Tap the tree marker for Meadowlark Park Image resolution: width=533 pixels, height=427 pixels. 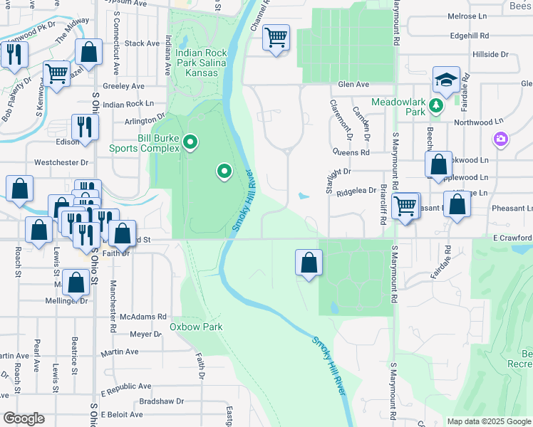437,107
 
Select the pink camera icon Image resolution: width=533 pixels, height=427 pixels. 501,138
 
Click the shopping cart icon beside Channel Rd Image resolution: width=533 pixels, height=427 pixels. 276,36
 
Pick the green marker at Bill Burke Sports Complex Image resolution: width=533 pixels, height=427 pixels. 190,143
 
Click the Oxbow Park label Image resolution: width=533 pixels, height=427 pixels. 196,327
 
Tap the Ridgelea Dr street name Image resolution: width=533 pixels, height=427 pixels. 356,191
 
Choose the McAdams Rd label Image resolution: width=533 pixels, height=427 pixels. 143,317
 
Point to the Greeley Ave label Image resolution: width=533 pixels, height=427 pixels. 123,86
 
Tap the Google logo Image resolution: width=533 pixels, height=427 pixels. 24,418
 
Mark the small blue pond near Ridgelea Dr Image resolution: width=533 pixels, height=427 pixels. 304,196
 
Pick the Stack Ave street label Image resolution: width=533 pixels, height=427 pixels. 142,43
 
